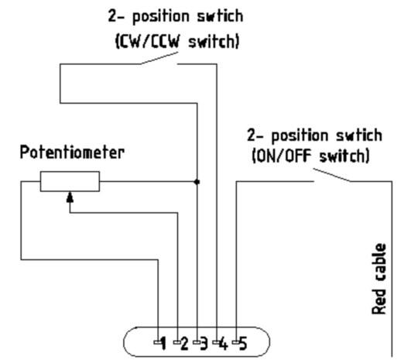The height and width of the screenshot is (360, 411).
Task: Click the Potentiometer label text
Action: tap(72, 153)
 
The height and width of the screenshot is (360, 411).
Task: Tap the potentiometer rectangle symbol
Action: tap(70, 181)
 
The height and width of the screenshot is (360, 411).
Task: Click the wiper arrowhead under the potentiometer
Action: tap(70, 197)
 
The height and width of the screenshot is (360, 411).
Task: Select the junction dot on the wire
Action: tap(197, 182)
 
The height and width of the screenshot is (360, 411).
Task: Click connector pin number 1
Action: tap(163, 343)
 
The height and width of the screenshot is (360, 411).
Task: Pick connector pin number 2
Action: tap(184, 343)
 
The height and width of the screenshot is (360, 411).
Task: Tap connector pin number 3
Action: tap(204, 343)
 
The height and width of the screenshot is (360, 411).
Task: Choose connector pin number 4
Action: tap(224, 343)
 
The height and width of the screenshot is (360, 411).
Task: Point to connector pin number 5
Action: tap(243, 343)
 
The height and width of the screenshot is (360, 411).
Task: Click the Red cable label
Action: tap(379, 279)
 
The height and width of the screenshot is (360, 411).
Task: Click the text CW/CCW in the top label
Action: tap(150, 42)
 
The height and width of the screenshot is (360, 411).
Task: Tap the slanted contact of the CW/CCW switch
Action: tap(159, 58)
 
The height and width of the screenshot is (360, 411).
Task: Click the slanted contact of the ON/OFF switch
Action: tap(332, 175)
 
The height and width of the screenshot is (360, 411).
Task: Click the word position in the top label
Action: tap(161, 17)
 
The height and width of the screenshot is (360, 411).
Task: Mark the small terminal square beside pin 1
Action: tap(157, 342)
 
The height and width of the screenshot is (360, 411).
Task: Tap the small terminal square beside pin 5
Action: tap(236, 342)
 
